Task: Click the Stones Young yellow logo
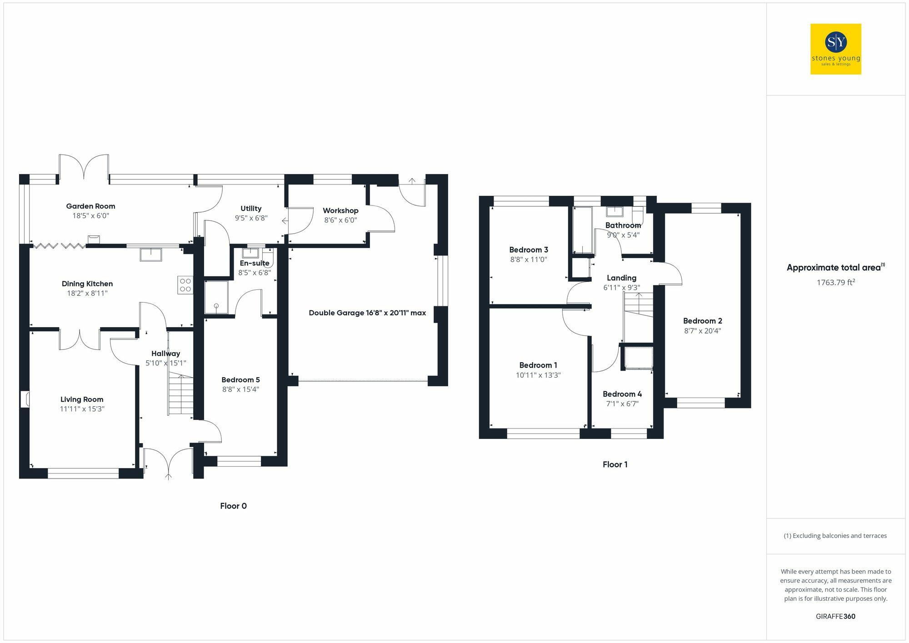pos(835,49)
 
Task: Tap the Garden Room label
pos(90,206)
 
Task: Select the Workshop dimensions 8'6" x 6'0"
pos(340,220)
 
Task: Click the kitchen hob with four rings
pos(185,285)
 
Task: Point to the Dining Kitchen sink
pos(151,255)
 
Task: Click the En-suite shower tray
pos(216,298)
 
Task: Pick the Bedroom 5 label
pos(240,380)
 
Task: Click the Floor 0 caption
pos(233,506)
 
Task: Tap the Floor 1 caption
pos(615,464)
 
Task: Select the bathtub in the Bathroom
pos(582,230)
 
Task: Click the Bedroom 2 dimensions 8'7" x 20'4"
pos(702,331)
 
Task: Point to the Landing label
pos(621,278)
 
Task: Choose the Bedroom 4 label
pos(622,394)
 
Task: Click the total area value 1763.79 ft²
pos(835,282)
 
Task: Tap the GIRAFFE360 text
pos(835,617)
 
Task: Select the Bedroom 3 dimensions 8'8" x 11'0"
pos(528,260)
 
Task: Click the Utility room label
pos(251,209)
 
